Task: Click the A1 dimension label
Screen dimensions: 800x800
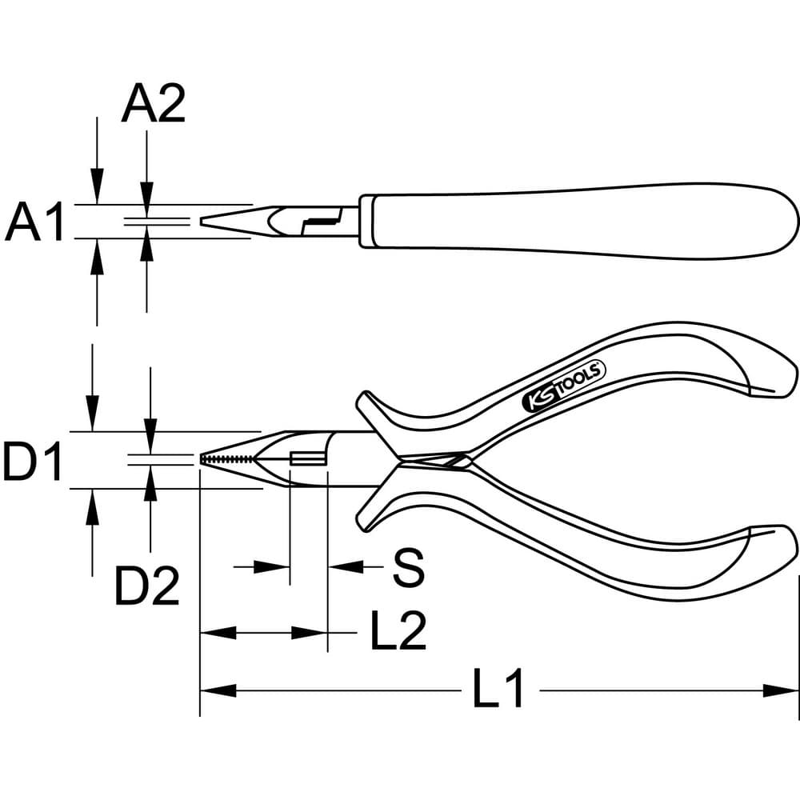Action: coord(34,222)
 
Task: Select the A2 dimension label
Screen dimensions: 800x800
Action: coord(153,103)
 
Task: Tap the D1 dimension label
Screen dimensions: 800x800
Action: coord(33,462)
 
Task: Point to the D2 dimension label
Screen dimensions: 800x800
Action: coord(147,586)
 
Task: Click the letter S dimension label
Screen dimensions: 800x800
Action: coord(408,567)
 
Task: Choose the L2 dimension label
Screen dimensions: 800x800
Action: coord(398,631)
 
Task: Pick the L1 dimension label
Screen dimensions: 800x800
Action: coord(498,689)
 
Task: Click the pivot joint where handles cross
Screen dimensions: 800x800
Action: coord(434,460)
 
